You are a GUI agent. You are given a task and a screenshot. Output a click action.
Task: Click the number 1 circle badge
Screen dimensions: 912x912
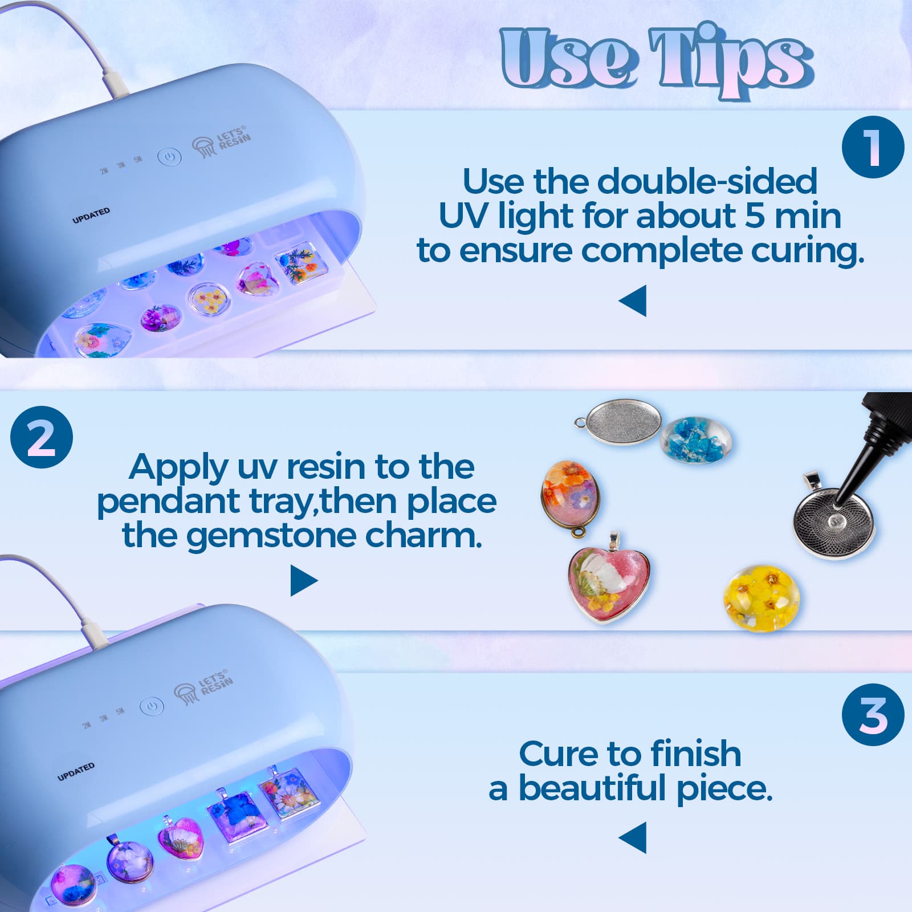point(873,147)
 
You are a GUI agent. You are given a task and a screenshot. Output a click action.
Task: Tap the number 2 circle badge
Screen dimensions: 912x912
point(42,437)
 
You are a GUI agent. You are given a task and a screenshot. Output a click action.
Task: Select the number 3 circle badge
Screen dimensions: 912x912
point(873,714)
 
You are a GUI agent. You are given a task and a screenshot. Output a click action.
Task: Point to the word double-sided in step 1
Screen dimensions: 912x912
point(707,181)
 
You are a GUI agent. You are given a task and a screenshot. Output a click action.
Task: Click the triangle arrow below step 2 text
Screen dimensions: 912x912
point(303,581)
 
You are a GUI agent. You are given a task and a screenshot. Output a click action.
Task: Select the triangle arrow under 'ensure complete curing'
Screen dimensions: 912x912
point(634,300)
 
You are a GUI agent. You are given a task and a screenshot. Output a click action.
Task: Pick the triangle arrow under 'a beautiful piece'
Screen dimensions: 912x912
point(634,837)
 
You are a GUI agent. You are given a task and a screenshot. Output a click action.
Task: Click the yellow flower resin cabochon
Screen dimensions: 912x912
point(760,597)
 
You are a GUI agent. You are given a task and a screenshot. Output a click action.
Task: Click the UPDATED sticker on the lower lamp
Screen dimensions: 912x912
point(76,772)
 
